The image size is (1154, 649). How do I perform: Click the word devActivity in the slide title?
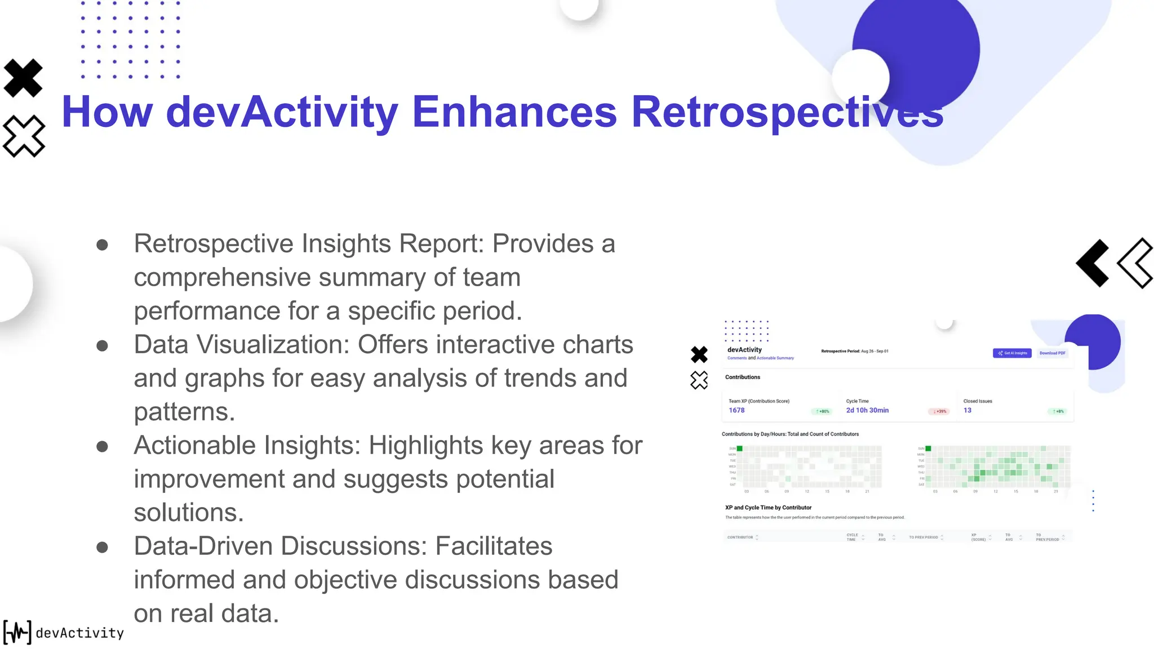[x=282, y=112]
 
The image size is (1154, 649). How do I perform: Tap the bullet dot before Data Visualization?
[x=102, y=345]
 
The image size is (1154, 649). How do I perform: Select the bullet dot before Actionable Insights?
[x=102, y=447]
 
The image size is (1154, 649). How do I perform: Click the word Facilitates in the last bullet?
[x=494, y=546]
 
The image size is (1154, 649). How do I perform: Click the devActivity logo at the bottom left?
[x=63, y=632]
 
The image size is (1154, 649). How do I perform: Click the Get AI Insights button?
[x=1012, y=353]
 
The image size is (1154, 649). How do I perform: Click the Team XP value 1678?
[x=736, y=411]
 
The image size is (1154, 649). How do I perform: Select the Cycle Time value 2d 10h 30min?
[x=867, y=411]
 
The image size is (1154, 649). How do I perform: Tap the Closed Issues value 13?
[x=967, y=411]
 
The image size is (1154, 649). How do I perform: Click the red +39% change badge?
[x=939, y=412]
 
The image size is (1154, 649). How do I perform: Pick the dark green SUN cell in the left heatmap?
[x=740, y=448]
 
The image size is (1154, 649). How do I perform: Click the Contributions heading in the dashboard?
[x=743, y=377]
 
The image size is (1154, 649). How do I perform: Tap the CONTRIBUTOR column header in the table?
[x=740, y=537]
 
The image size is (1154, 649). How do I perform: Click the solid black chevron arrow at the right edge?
[x=1093, y=263]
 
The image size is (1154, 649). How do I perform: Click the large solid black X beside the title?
[x=23, y=78]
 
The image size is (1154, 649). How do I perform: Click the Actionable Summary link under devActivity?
[x=775, y=358]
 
